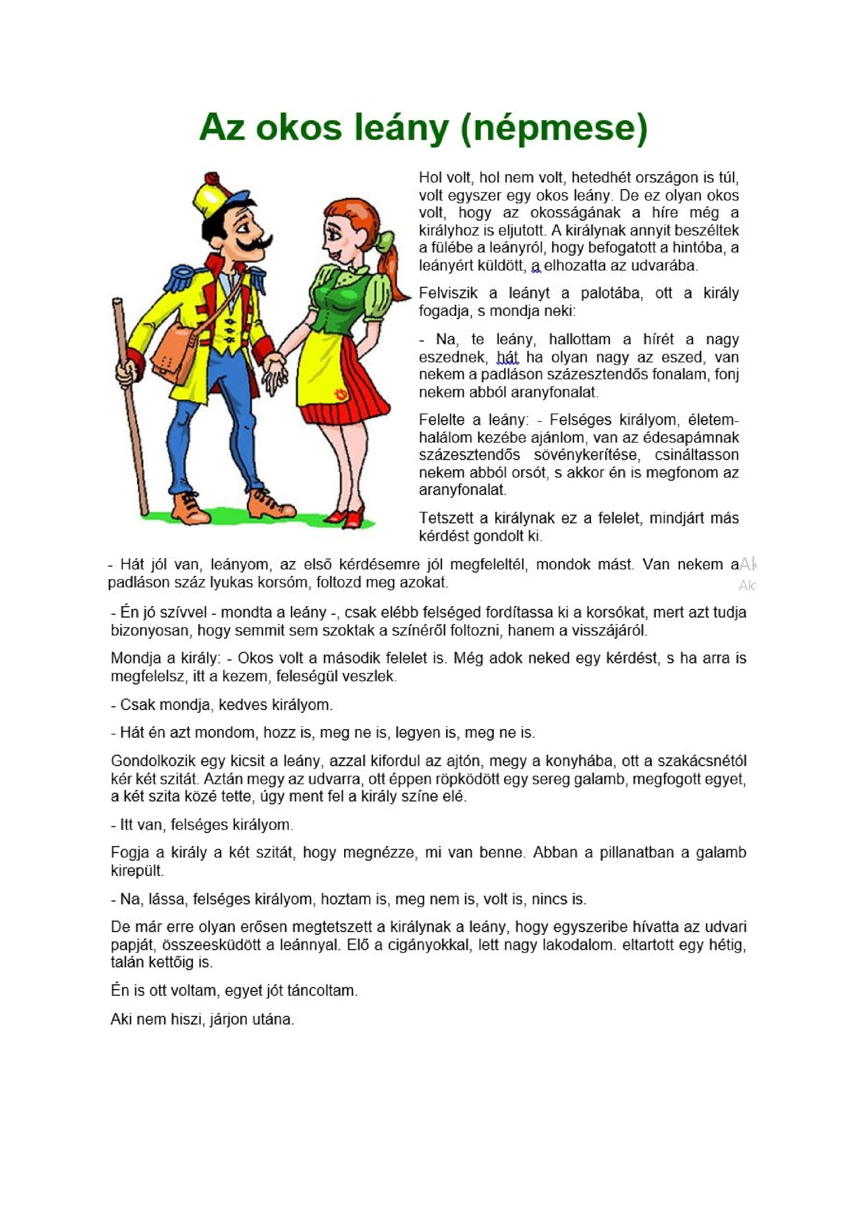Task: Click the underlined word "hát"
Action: pyautogui.click(x=507, y=357)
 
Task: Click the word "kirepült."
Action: pyautogui.click(x=137, y=871)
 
